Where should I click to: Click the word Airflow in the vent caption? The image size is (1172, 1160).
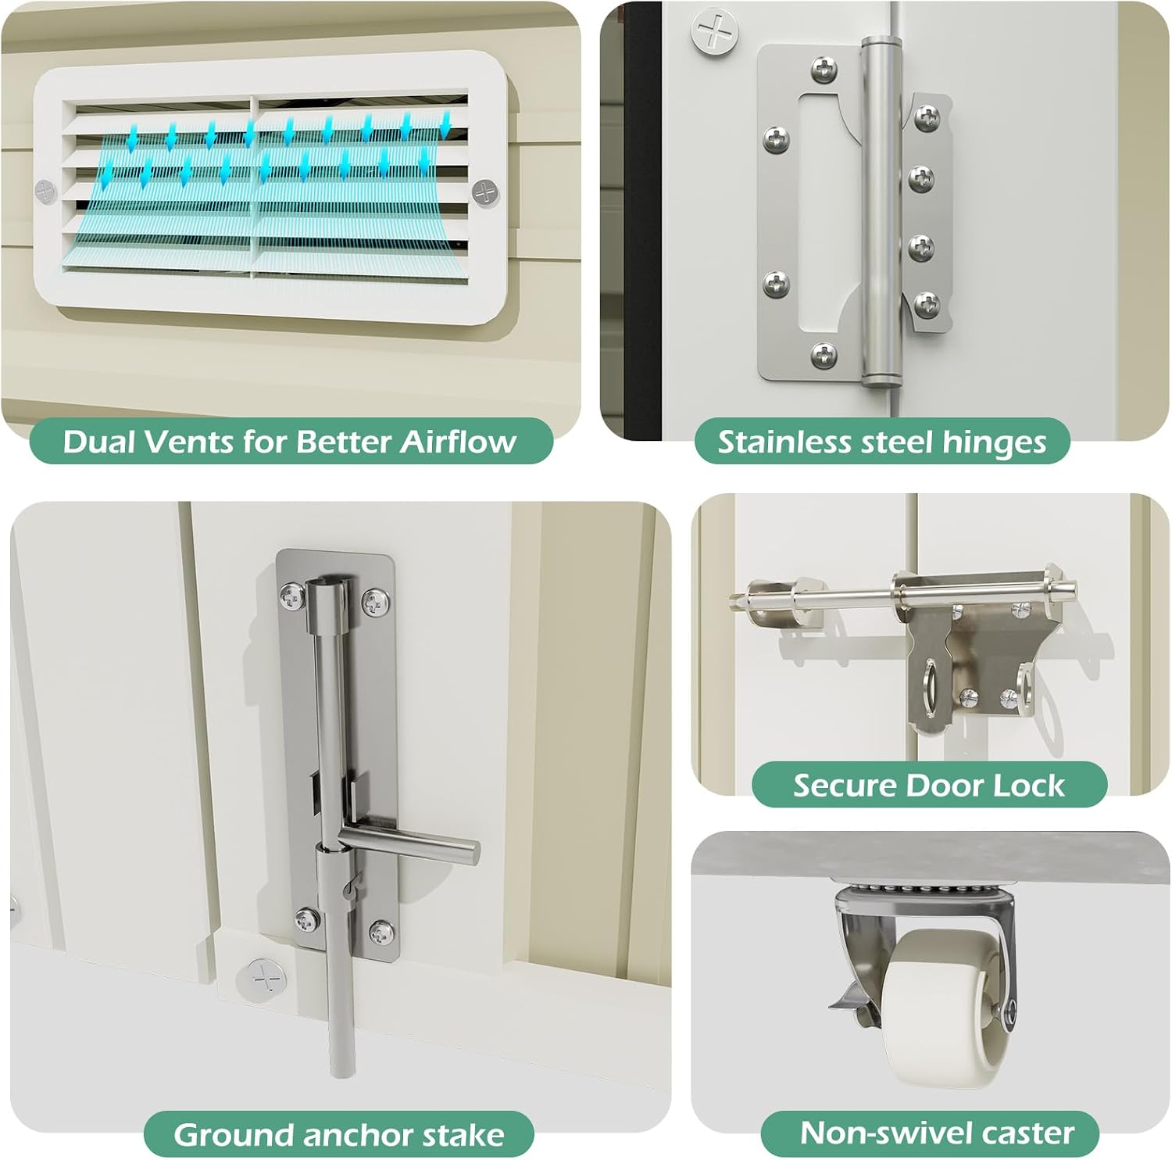pos(458,442)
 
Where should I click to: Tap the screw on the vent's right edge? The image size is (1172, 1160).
pos(485,192)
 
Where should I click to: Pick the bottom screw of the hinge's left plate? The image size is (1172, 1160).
pos(824,356)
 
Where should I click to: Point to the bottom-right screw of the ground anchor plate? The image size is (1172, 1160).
pos(381,931)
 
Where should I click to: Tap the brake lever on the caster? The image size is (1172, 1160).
pos(852,1007)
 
